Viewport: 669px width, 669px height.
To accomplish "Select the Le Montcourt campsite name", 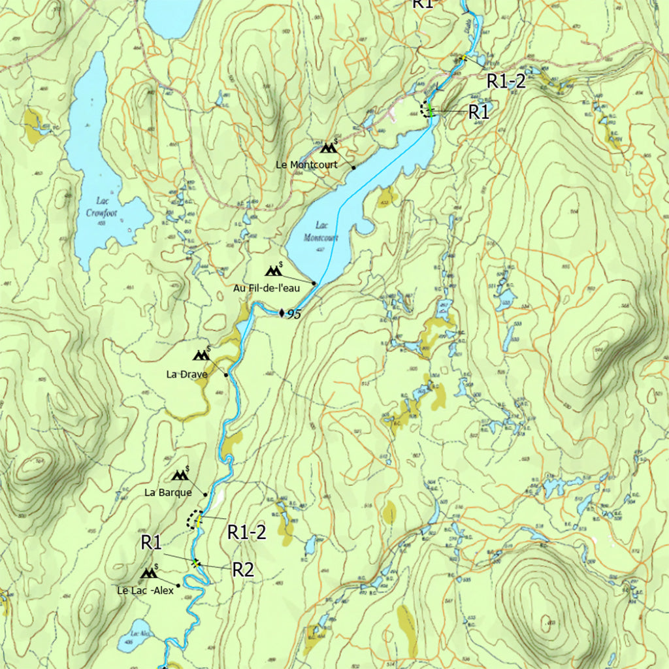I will point(306,165).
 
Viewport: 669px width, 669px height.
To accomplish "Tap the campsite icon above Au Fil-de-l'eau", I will point(274,270).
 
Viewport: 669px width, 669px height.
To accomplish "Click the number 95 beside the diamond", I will point(294,314).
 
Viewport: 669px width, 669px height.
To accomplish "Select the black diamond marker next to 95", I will point(282,314).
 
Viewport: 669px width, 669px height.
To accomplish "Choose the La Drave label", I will point(187,374).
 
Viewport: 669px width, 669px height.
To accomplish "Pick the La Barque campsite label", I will point(168,493).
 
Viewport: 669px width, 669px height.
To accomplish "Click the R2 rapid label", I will point(243,570).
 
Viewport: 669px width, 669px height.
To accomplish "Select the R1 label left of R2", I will point(151,542).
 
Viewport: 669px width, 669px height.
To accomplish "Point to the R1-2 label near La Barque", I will point(247,532).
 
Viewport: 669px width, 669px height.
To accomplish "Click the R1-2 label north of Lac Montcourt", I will point(506,81).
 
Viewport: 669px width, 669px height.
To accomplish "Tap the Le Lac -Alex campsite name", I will point(146,591).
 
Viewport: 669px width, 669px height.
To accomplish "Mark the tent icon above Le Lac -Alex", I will point(149,574).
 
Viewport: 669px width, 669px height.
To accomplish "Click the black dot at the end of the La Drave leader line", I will point(226,375).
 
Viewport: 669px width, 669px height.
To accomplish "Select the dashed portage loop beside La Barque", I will point(192,520).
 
